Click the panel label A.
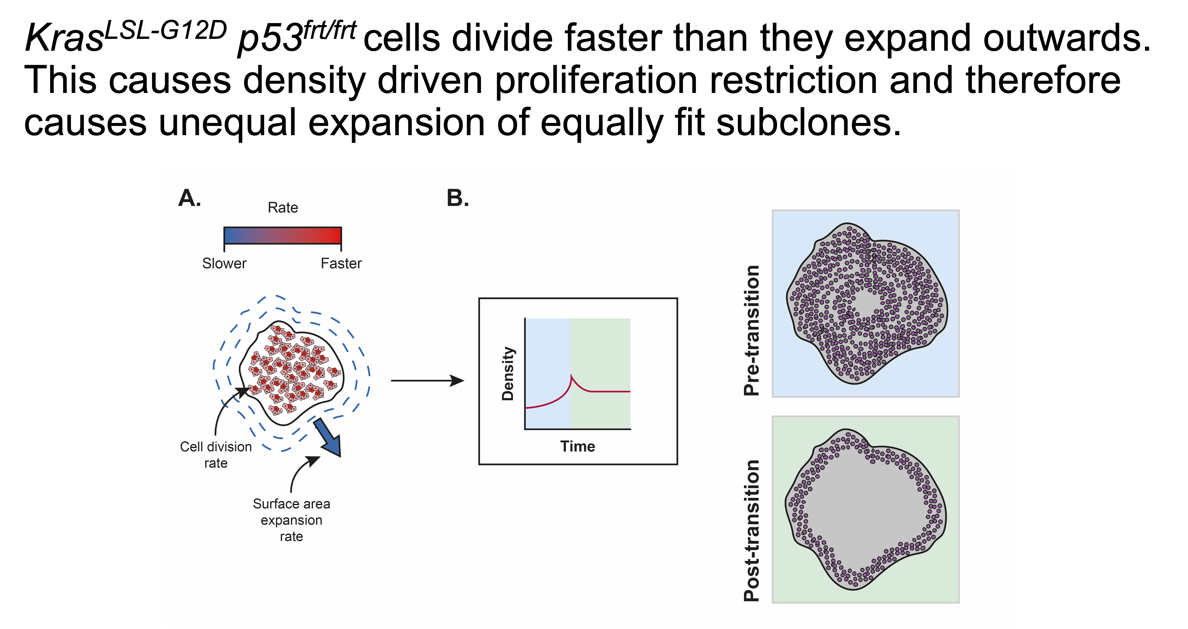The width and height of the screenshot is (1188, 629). pos(189,198)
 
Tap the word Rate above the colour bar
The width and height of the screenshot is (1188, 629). pos(283,208)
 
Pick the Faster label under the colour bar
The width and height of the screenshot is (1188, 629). pos(341,264)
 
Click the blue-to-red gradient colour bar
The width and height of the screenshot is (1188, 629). pos(283,235)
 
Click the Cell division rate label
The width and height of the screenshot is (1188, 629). pos(216,455)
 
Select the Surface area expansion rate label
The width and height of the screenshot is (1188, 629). pos(291,520)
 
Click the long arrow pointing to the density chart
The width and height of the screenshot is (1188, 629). pos(427,381)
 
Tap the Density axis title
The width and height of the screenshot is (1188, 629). pos(508,374)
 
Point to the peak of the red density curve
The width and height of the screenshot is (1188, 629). pos(571,375)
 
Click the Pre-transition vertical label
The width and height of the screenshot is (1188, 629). pos(752,330)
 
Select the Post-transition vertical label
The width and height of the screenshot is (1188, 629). pos(752,530)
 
